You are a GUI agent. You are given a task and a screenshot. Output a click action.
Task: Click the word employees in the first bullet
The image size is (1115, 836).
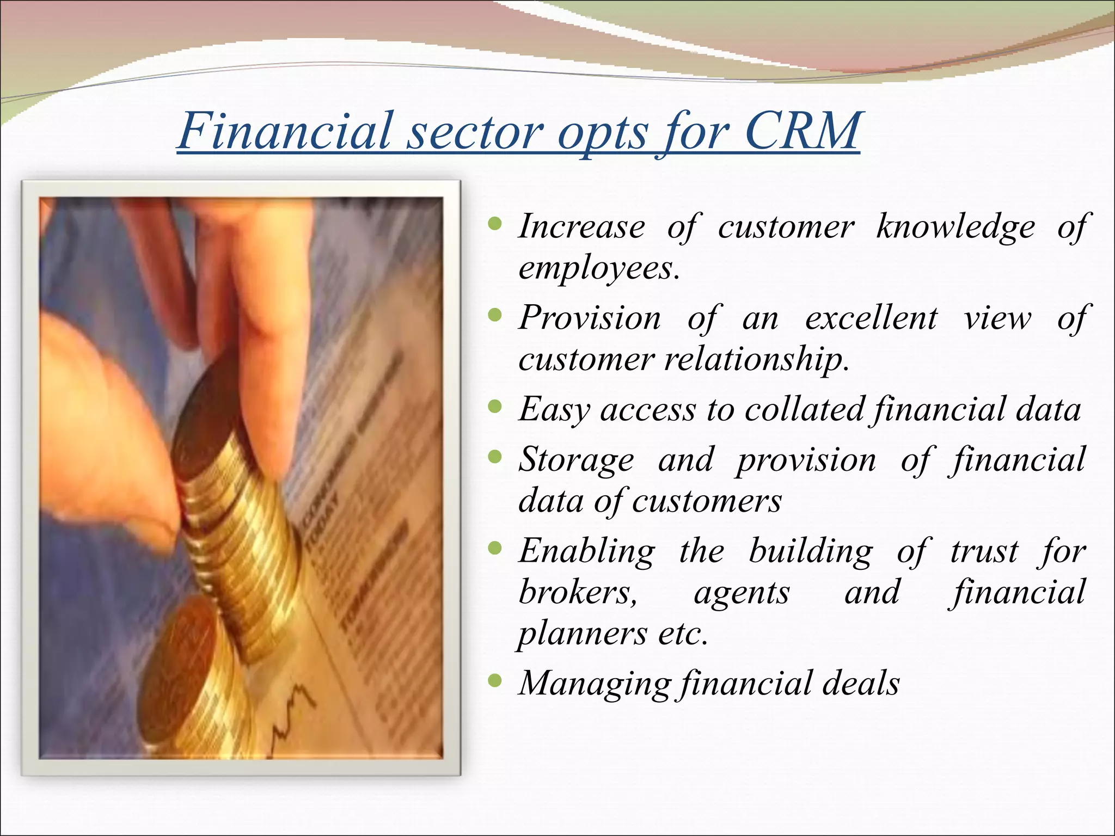[x=598, y=268]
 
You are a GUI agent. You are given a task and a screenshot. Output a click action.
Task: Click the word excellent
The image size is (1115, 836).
[x=871, y=318]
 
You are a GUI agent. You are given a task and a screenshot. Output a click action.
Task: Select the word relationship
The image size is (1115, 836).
[x=756, y=360]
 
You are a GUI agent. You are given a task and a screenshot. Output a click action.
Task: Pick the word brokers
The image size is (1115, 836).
[x=577, y=592]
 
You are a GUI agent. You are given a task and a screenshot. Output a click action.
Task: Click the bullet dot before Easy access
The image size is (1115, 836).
[x=494, y=406]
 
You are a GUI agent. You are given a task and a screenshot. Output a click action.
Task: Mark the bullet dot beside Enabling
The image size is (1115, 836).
[x=494, y=548]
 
